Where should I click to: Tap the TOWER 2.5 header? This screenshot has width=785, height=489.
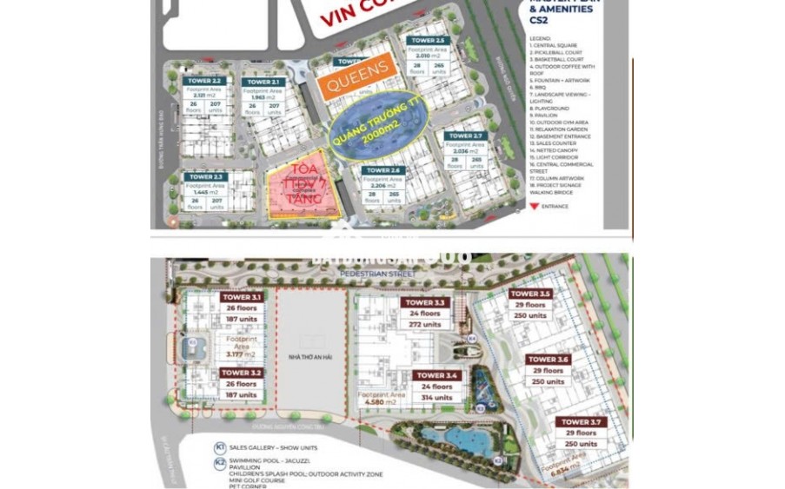428,41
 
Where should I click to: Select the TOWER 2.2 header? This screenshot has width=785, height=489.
205,81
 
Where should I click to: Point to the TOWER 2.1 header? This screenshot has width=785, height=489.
263,82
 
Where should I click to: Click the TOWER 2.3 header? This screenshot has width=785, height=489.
205,176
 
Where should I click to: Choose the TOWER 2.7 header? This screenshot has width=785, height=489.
466,136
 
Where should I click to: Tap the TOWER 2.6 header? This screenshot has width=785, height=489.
383,170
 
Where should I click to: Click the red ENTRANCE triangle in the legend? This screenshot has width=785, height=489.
535,206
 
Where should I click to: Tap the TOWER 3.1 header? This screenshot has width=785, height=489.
241,297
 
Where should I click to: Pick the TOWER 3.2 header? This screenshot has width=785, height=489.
241,373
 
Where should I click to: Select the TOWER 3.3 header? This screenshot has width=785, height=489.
424,303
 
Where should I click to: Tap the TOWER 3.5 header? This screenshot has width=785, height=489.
530,294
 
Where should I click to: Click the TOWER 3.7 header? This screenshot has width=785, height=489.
581,422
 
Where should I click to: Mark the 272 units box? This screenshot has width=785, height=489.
424,325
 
